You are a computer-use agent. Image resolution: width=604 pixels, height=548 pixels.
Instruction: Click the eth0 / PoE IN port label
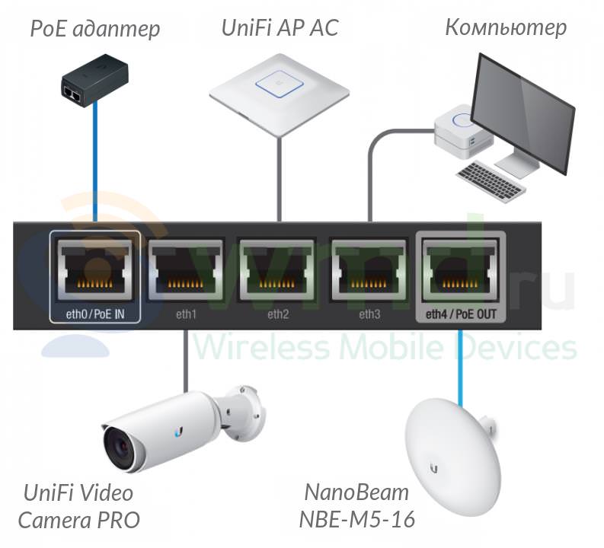(95, 314)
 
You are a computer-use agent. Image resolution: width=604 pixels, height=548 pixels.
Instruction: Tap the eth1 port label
(186, 314)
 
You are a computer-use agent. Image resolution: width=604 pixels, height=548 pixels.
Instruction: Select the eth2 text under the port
(278, 314)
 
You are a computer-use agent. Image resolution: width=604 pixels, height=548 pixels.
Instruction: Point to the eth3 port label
(369, 314)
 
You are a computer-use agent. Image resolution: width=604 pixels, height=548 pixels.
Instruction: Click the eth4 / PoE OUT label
(461, 314)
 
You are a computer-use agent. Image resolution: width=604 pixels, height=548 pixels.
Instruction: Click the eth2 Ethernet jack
(277, 270)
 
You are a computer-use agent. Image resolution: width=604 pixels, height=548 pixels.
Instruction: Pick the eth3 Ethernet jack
(369, 270)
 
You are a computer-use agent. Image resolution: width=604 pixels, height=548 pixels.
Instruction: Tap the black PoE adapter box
(94, 80)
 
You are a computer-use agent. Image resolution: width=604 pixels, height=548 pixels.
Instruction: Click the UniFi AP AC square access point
(280, 94)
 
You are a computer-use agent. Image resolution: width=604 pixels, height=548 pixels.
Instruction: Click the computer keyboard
(491, 180)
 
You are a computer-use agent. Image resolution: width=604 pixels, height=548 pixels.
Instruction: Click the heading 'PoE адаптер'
(95, 29)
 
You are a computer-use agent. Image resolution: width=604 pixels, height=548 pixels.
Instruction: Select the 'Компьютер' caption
(506, 27)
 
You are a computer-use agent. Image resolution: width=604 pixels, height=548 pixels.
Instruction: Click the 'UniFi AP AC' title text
(280, 27)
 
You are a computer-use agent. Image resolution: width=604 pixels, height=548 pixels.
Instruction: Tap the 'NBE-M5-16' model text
(356, 519)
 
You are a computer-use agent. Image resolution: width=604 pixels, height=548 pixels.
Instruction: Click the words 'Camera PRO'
(79, 521)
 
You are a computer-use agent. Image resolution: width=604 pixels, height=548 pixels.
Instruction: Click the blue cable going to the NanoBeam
(460, 368)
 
